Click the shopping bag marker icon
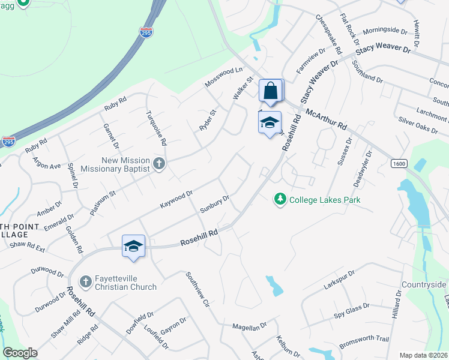(271, 91)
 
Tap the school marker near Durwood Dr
(134, 246)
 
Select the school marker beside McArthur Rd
(270, 122)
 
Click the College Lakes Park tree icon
(279, 199)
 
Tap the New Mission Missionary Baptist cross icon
(158, 164)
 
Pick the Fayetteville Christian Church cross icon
(86, 281)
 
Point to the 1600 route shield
(399, 163)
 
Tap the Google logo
(20, 353)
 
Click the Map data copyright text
(423, 355)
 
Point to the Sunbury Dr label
(214, 204)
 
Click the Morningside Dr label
(384, 29)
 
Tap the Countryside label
(424, 284)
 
